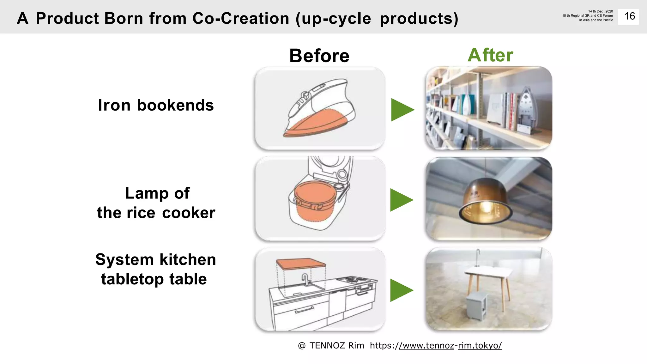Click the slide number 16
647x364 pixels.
pos(629,16)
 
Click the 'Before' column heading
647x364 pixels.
pos(319,56)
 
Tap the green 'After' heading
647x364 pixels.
pos(490,55)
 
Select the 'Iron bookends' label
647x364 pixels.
pos(156,105)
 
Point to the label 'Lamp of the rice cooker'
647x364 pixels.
pos(156,203)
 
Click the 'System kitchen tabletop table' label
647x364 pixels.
pos(155,269)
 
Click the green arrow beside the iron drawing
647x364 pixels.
pos(402,110)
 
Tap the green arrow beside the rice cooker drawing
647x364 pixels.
pos(401,200)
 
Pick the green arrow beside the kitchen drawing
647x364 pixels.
pos(401,290)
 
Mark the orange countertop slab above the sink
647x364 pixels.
pos(300,263)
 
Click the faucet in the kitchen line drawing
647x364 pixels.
pos(305,279)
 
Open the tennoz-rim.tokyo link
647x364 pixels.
pos(450,346)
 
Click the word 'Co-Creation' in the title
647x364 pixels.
pos(241,18)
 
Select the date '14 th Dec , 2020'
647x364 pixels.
pos(600,11)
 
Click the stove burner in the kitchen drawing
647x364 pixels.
pos(352,279)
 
